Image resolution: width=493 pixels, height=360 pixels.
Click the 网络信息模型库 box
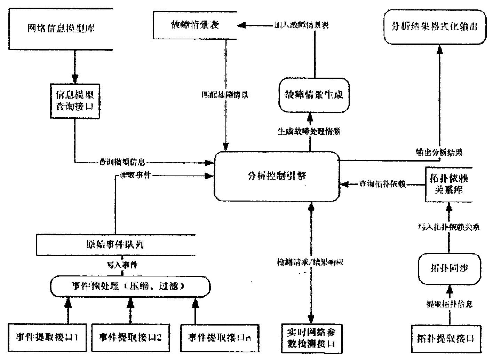click(x=61, y=28)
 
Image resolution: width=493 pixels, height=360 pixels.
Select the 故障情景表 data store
click(x=195, y=25)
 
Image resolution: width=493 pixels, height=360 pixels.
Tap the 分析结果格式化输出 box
click(x=435, y=27)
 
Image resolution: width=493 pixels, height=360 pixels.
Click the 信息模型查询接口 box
click(x=75, y=101)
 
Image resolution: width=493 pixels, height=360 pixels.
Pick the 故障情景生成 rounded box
click(x=314, y=95)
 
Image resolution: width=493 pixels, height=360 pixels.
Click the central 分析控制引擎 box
click(x=277, y=176)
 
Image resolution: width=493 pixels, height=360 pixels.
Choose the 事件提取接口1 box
click(x=47, y=337)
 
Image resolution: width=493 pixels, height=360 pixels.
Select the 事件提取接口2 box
click(x=130, y=337)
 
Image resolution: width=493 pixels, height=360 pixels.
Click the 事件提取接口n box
click(x=219, y=337)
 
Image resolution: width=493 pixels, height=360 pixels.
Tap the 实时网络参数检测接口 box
click(x=311, y=337)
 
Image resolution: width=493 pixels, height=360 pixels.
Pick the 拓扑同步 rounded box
click(x=450, y=268)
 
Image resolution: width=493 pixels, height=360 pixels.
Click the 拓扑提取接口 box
click(x=446, y=338)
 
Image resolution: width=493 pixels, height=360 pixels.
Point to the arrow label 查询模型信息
click(x=122, y=162)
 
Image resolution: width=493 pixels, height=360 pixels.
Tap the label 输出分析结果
click(x=439, y=152)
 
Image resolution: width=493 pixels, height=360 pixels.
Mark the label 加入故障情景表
click(x=300, y=25)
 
